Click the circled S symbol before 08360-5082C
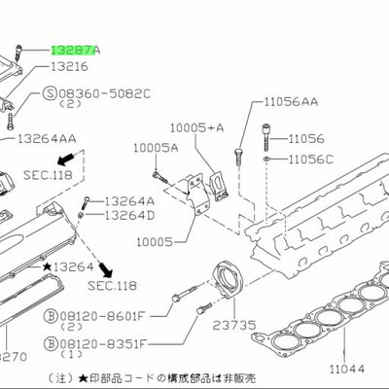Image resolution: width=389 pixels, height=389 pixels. point(50,93)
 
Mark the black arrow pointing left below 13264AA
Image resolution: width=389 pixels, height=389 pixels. point(65,159)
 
